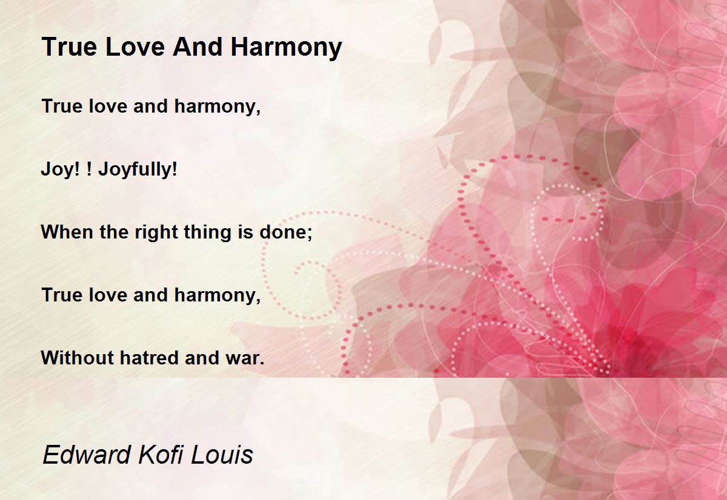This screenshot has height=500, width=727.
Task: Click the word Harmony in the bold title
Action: tap(286, 48)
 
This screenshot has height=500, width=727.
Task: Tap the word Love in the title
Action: tap(134, 47)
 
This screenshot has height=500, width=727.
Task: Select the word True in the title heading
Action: tap(70, 47)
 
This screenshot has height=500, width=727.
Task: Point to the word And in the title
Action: tap(198, 47)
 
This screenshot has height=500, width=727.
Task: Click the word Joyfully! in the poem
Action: tap(138, 170)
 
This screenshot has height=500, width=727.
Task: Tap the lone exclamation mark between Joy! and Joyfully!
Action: tap(89, 169)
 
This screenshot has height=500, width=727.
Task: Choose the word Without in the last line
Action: tap(78, 358)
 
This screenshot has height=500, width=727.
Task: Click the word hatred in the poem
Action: tap(149, 358)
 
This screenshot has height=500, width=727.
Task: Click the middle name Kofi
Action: tap(160, 455)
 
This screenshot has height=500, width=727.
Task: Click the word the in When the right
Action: tap(114, 232)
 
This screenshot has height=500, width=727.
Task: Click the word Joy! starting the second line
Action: tap(61, 170)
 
